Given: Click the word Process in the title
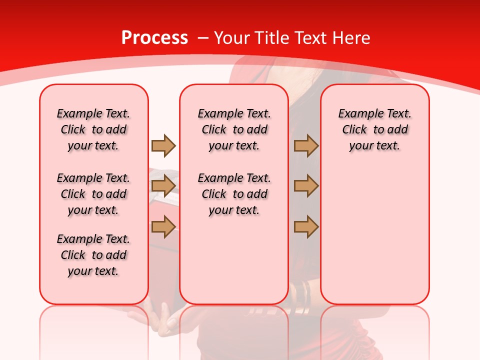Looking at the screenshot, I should tap(155, 38).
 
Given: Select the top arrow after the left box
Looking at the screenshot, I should tap(163, 145).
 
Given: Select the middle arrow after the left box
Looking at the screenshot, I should tap(163, 186).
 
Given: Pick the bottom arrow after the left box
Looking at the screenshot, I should tap(163, 227).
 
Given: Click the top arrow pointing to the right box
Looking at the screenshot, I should tap(306, 145).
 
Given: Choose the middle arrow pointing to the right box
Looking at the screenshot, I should tap(306, 186).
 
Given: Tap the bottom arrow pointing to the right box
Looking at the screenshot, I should tap(306, 227).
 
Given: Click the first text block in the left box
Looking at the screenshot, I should tap(93, 129).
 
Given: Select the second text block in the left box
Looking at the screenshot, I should tap(93, 194).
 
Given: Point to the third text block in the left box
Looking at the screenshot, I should tap(93, 255).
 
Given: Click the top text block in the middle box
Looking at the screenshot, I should tap(234, 129).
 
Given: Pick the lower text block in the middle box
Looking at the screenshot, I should tap(234, 194).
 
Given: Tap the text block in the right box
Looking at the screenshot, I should tap(374, 129).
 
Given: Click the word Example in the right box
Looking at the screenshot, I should tap(357, 114).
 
